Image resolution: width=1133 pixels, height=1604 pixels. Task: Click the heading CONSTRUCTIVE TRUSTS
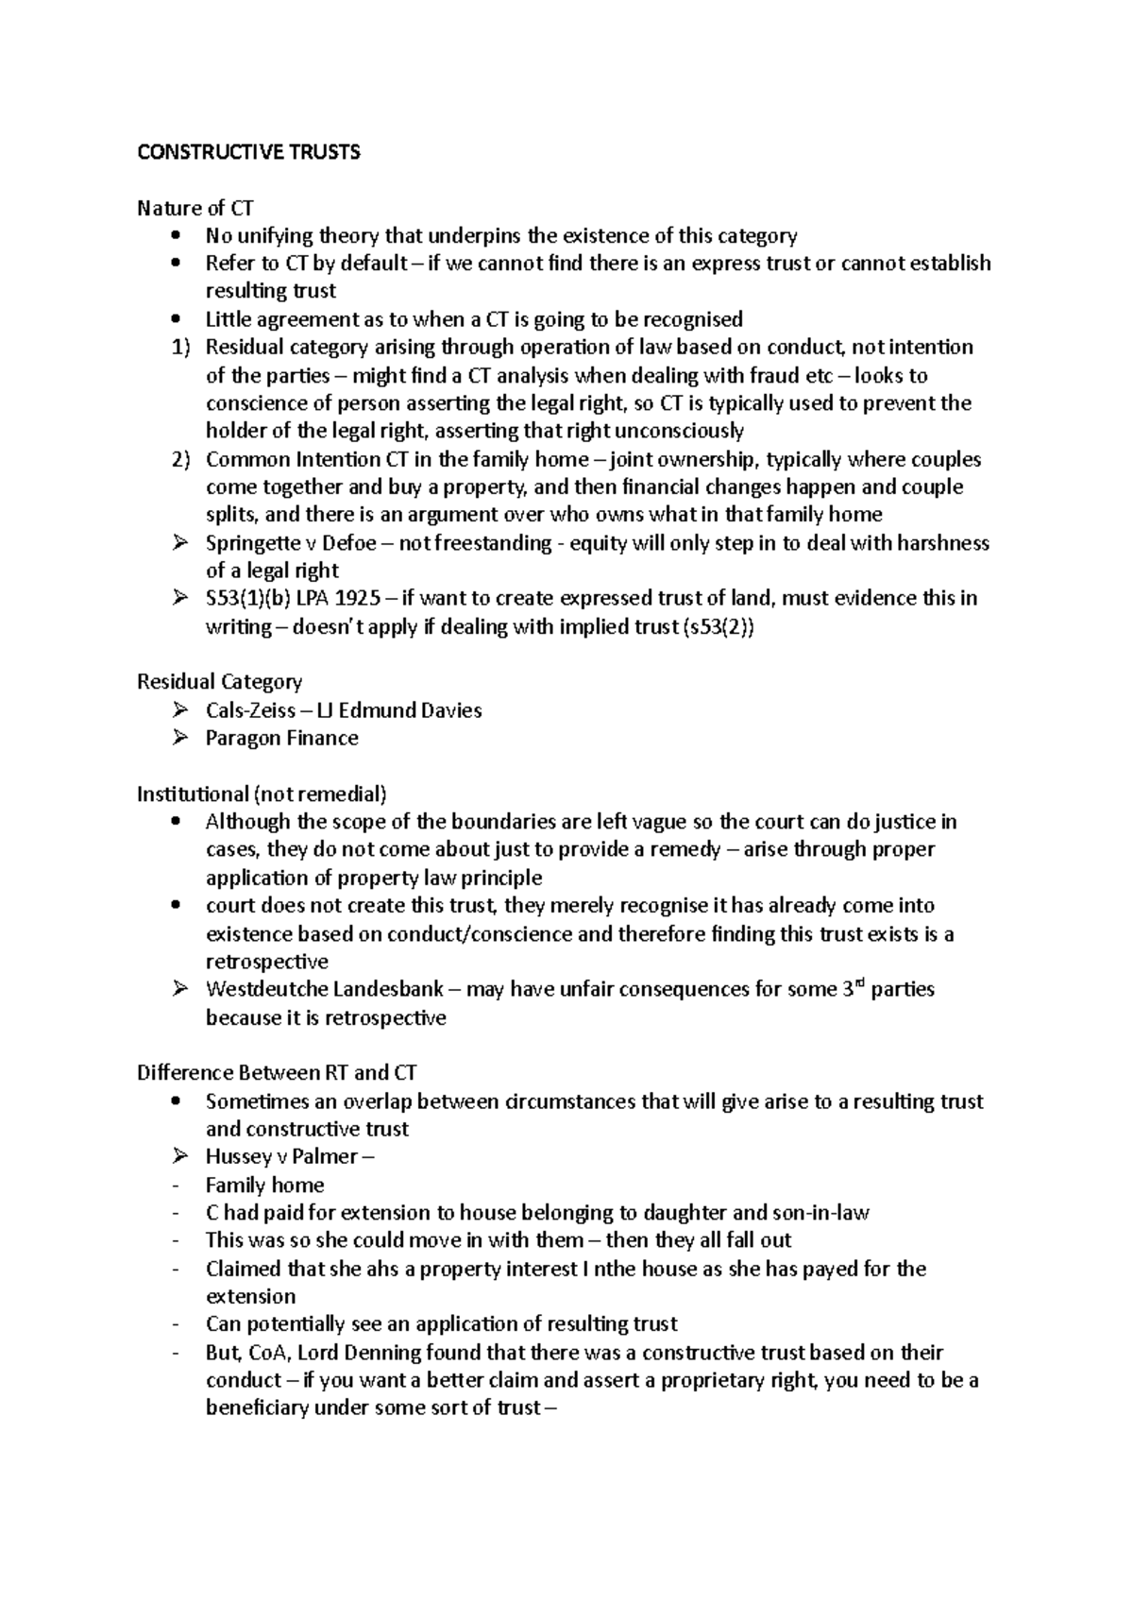click(x=248, y=152)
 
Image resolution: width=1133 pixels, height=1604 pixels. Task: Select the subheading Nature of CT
click(x=194, y=208)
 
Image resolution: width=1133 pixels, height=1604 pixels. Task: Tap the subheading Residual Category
click(x=219, y=682)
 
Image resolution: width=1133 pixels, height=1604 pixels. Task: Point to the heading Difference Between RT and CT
click(x=277, y=1073)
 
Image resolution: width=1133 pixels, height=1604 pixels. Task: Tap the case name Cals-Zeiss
click(x=250, y=710)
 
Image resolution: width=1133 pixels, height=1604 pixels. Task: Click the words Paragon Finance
click(x=281, y=738)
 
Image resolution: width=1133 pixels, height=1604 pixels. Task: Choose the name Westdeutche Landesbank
click(x=319, y=989)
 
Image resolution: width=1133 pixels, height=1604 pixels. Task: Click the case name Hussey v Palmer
click(x=281, y=1157)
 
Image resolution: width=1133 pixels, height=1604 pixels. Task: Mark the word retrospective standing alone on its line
click(x=267, y=962)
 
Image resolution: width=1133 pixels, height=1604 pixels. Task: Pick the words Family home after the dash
click(x=264, y=1186)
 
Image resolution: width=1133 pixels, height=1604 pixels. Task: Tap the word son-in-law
click(x=820, y=1213)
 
